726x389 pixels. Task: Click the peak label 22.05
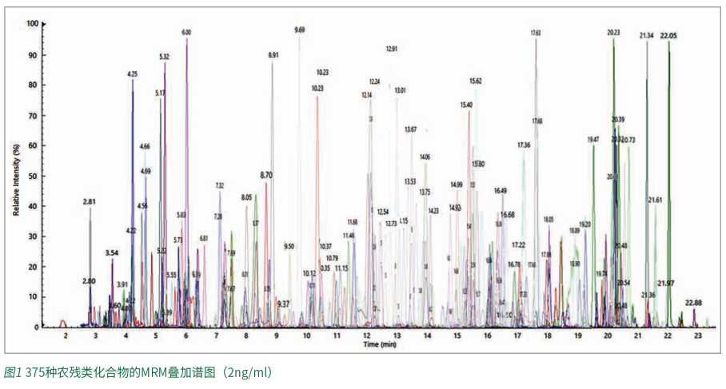point(668,36)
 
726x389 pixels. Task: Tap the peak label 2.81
point(90,202)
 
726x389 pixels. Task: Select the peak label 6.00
point(186,33)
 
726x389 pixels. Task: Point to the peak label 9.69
point(300,30)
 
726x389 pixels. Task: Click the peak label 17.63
point(536,33)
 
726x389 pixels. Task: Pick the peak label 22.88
point(693,303)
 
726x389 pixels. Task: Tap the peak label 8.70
point(266,174)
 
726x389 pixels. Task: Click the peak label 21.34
point(646,36)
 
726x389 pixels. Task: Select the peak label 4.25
point(133,74)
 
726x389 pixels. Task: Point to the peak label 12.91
point(391,50)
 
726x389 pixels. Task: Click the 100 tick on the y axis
point(33,24)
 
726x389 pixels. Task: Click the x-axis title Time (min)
point(380,346)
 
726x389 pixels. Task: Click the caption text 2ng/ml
point(245,372)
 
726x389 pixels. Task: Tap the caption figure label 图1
point(13,372)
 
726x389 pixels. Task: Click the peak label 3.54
point(112,253)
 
